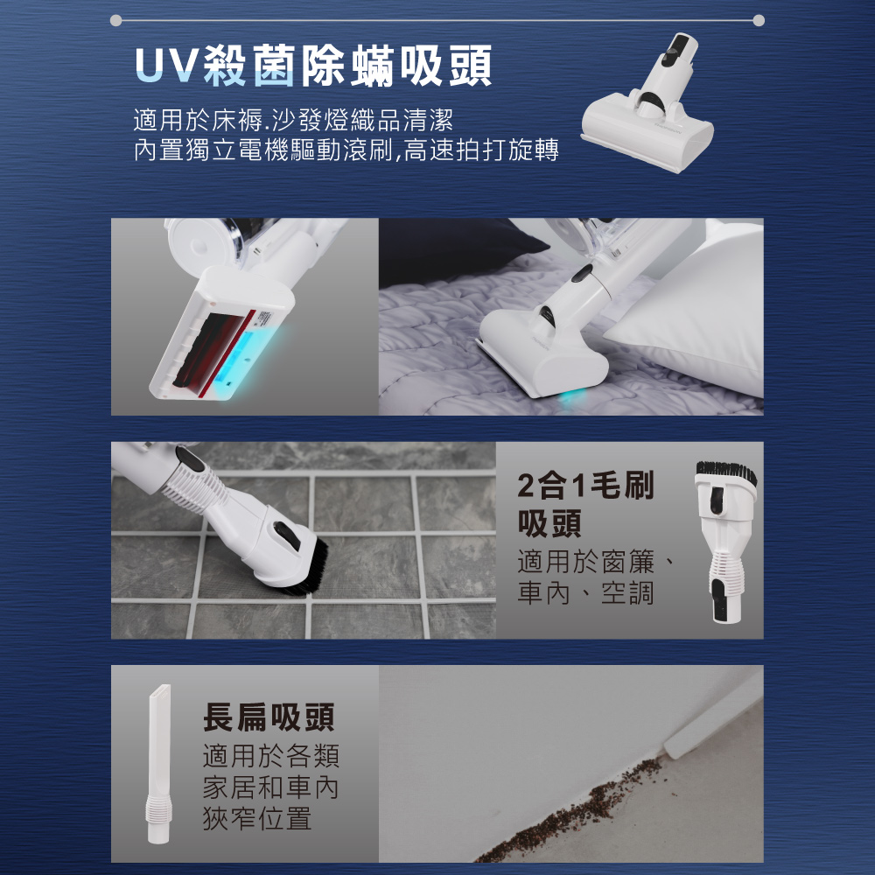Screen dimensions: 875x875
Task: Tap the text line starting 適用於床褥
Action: [x=292, y=118]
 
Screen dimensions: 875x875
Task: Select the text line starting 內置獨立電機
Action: [x=346, y=150]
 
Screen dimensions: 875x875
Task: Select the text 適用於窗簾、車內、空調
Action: [x=595, y=577]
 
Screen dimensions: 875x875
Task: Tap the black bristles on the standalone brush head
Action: [x=725, y=473]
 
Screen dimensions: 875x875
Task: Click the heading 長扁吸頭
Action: [x=269, y=718]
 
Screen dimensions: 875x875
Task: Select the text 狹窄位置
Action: [x=256, y=819]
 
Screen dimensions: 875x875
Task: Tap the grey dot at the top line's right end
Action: [x=758, y=19]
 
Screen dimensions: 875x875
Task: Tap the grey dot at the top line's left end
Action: [x=116, y=19]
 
